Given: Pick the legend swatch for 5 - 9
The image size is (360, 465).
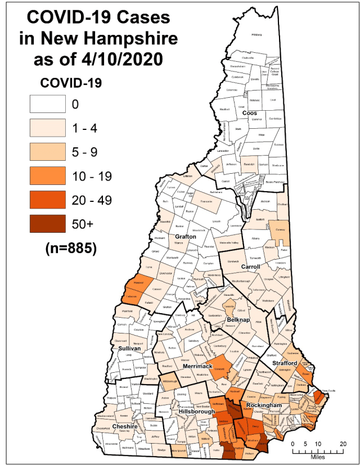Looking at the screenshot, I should [x=48, y=151].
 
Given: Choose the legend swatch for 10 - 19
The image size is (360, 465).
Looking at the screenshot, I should [x=48, y=175].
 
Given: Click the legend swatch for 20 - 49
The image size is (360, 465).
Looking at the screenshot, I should [x=48, y=200].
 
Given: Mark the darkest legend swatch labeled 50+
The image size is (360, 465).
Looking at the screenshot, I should [x=48, y=224].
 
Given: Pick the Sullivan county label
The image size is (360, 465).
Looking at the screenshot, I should [x=129, y=349].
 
